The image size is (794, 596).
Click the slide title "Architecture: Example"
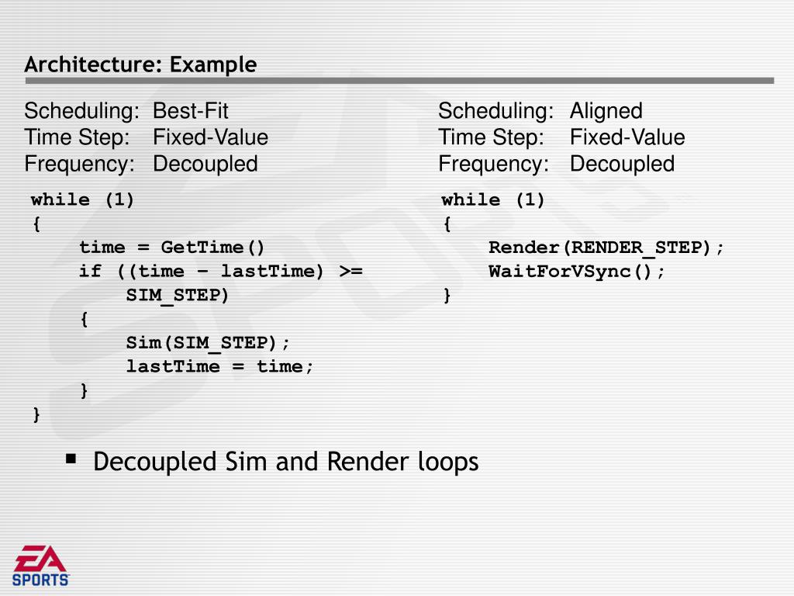point(140,64)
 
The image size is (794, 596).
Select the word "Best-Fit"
point(190,111)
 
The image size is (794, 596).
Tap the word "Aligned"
point(606,111)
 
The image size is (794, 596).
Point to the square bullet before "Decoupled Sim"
point(71,459)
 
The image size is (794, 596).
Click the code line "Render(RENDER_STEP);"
point(606,248)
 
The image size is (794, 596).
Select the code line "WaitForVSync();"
point(577,272)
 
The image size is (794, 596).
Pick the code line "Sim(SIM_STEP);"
point(209,343)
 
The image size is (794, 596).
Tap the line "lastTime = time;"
point(220,366)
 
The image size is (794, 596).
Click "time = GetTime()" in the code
point(172,248)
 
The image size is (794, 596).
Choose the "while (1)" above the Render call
point(493,200)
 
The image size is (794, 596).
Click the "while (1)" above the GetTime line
point(83,200)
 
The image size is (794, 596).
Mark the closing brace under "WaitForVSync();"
point(447,296)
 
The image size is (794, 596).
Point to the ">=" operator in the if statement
point(350,272)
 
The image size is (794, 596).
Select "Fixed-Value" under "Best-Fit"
point(210,137)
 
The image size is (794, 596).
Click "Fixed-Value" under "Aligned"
point(627,137)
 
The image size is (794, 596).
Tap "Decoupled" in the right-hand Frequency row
point(622,164)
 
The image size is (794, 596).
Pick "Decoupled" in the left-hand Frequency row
point(205,164)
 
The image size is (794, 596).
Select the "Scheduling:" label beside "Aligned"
point(495,111)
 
